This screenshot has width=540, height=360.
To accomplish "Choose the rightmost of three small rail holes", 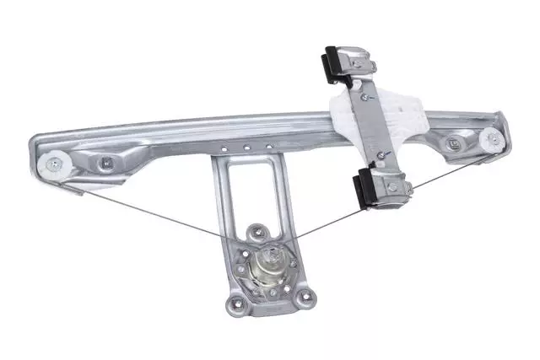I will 269,148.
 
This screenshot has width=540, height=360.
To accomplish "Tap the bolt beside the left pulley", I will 106,161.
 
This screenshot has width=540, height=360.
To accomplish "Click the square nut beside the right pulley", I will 454,141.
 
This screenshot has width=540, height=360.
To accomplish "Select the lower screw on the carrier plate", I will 381,155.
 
